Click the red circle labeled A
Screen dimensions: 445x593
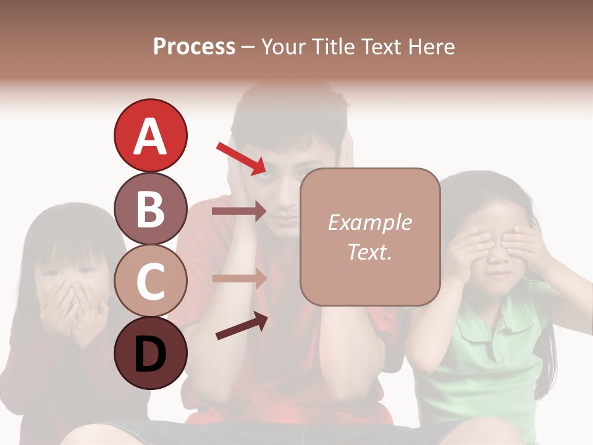(x=150, y=135)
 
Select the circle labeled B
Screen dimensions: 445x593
(x=150, y=208)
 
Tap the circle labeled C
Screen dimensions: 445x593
(x=150, y=281)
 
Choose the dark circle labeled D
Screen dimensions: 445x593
(x=150, y=353)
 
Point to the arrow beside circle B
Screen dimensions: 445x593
(x=238, y=211)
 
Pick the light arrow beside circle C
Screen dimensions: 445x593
(x=238, y=278)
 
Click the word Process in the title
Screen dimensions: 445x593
(x=194, y=46)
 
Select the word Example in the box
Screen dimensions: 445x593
(x=370, y=222)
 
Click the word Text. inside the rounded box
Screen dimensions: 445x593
(x=370, y=252)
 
